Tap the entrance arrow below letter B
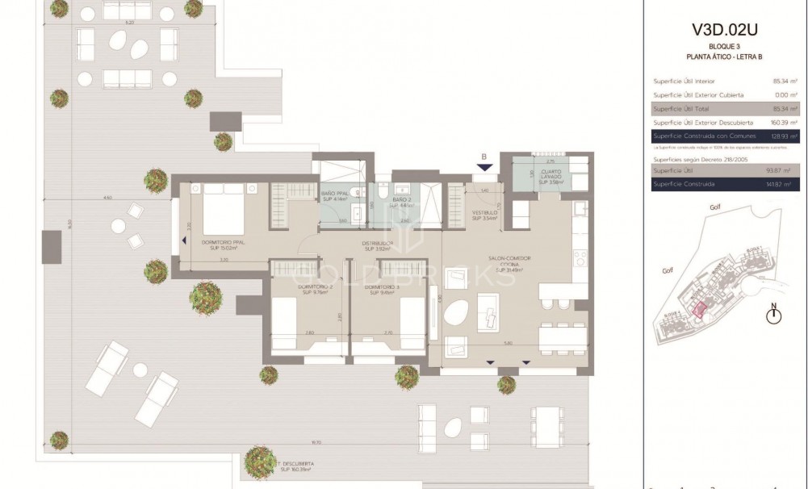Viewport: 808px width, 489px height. click(x=484, y=167)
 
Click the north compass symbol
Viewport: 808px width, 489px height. click(x=774, y=315)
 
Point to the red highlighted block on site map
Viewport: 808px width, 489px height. click(x=699, y=311)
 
